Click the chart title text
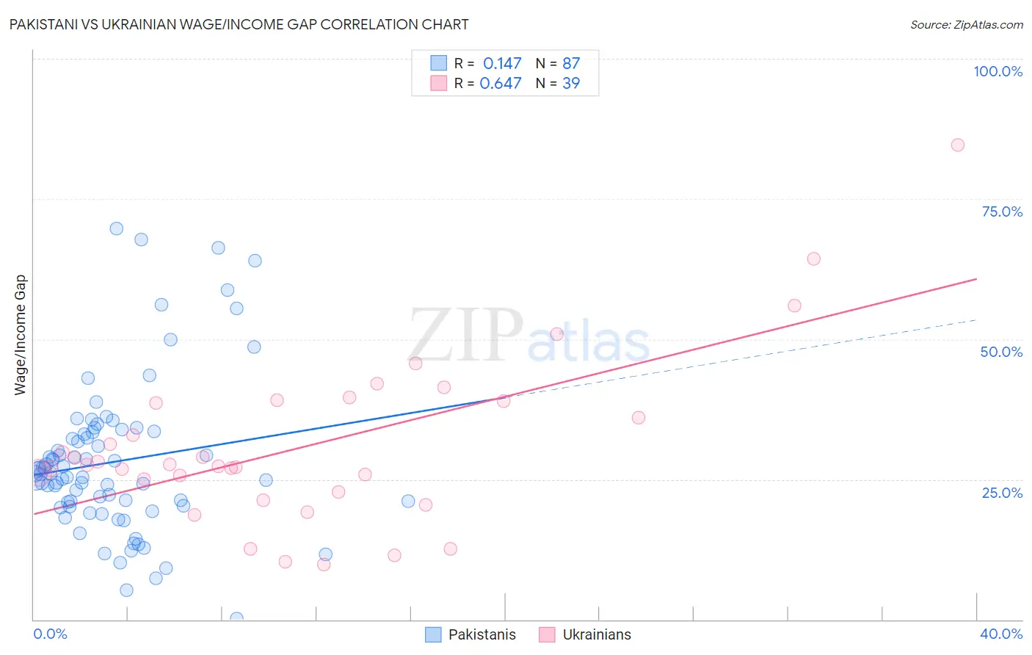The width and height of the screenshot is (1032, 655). [239, 24]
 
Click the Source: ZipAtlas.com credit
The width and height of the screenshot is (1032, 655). [966, 24]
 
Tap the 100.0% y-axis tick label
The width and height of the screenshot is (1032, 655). [998, 71]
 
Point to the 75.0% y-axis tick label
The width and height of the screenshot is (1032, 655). [1002, 211]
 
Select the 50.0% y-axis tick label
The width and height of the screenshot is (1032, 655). [1001, 352]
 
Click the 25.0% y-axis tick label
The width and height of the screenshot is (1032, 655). [1002, 492]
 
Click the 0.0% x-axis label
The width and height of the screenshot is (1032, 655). [50, 634]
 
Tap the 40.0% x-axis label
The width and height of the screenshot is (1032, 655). [1000, 634]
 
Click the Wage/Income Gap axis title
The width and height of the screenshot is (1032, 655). [21, 335]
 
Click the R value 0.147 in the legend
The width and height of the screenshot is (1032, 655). [502, 64]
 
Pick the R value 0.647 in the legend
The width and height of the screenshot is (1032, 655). [501, 83]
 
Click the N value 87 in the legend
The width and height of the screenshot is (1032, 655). [571, 64]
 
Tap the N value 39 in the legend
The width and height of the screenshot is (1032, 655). [571, 83]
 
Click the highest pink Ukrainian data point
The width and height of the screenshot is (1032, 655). [957, 145]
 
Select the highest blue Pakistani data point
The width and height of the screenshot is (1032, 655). [116, 228]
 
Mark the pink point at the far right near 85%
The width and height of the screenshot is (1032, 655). [957, 145]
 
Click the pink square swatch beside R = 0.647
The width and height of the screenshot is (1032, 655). [438, 83]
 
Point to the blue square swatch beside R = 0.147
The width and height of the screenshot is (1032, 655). [438, 64]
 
